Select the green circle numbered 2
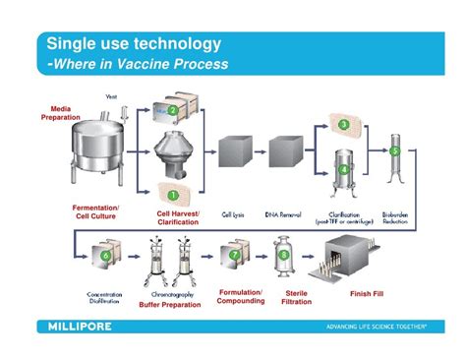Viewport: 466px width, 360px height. (x=173, y=111)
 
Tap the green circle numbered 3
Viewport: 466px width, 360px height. (x=343, y=125)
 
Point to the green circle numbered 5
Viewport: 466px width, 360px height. (x=394, y=152)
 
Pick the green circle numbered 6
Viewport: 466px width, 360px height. (x=105, y=256)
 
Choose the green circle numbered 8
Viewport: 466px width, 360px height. (x=284, y=257)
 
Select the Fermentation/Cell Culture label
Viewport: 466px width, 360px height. (x=96, y=212)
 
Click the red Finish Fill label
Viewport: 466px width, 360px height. (x=371, y=294)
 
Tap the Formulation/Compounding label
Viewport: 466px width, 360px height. (x=240, y=298)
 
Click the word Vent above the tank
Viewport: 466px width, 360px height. (x=111, y=94)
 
